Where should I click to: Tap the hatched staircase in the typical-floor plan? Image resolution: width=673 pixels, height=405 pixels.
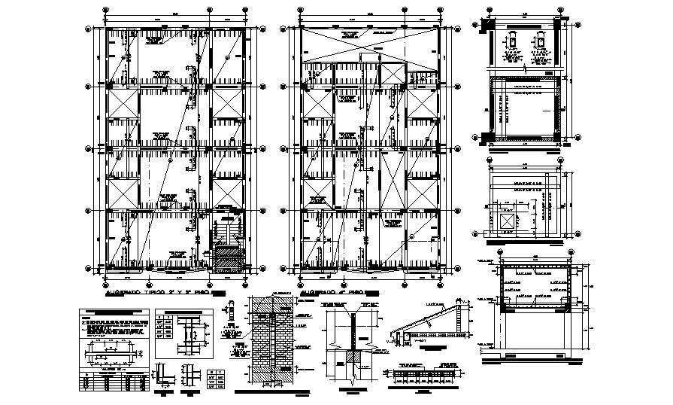pyautogui.click(x=226, y=254)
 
